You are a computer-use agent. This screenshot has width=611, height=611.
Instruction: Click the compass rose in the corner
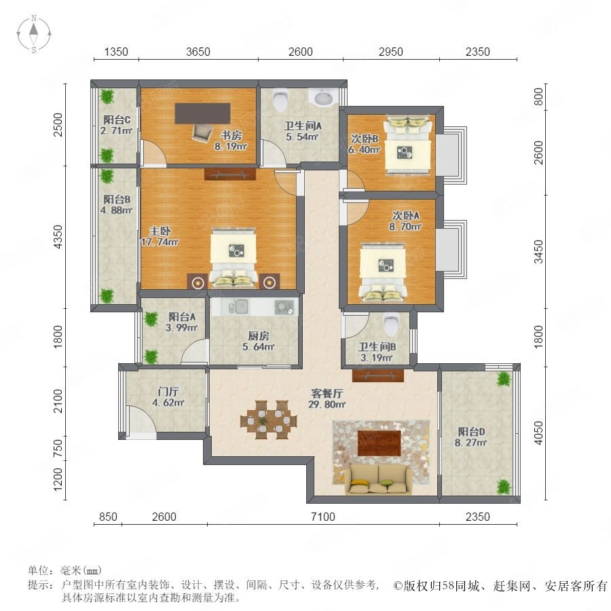tap(34, 34)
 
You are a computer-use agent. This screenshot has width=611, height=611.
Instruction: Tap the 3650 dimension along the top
tap(198, 52)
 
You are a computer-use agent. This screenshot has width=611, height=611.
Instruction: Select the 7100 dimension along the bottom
tap(323, 517)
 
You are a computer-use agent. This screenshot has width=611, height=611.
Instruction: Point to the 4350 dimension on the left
tap(58, 236)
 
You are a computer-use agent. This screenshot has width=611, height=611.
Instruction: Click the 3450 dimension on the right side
tap(538, 252)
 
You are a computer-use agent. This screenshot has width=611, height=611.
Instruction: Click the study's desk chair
tap(202, 133)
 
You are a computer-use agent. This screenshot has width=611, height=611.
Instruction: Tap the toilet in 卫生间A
tap(280, 100)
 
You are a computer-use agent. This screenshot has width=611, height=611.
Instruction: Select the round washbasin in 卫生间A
tap(323, 97)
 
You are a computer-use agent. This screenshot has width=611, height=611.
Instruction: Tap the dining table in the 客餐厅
tap(268, 420)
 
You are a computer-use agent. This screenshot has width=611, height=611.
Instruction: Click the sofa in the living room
tap(376, 479)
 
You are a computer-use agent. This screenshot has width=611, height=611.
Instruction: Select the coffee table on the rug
tap(379, 443)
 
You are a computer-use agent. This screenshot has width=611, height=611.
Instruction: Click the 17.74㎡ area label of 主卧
tap(160, 242)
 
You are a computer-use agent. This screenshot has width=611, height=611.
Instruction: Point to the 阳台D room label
tap(472, 431)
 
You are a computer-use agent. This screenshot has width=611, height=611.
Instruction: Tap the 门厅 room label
tap(168, 391)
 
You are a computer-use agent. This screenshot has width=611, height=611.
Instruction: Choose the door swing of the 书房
tap(154, 152)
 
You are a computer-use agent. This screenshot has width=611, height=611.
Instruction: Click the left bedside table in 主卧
tap(198, 281)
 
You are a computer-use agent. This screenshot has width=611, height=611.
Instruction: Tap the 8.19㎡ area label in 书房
tap(231, 147)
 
